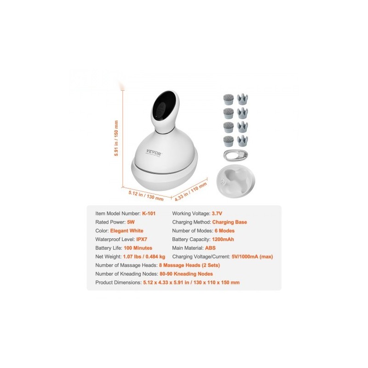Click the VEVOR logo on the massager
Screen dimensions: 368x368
point(153,153)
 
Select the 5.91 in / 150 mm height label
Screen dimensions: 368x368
point(116,138)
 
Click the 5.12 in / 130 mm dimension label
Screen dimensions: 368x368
point(146,195)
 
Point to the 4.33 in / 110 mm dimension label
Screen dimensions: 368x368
point(191,191)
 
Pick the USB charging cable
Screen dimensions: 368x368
point(236,155)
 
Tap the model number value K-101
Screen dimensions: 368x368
point(149,213)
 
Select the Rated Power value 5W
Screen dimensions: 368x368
point(131,222)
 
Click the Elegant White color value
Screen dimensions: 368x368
point(127,231)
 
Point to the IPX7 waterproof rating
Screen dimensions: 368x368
point(142,239)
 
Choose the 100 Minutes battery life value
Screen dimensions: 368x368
point(138,248)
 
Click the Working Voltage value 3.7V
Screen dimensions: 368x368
point(217,213)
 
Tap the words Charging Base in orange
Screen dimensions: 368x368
point(230,222)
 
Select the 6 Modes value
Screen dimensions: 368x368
point(224,231)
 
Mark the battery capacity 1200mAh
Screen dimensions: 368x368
point(223,239)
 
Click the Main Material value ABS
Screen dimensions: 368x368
point(210,248)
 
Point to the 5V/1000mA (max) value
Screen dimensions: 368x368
point(252,257)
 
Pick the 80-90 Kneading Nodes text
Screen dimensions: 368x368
point(186,274)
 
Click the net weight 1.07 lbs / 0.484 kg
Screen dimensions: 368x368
point(144,257)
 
